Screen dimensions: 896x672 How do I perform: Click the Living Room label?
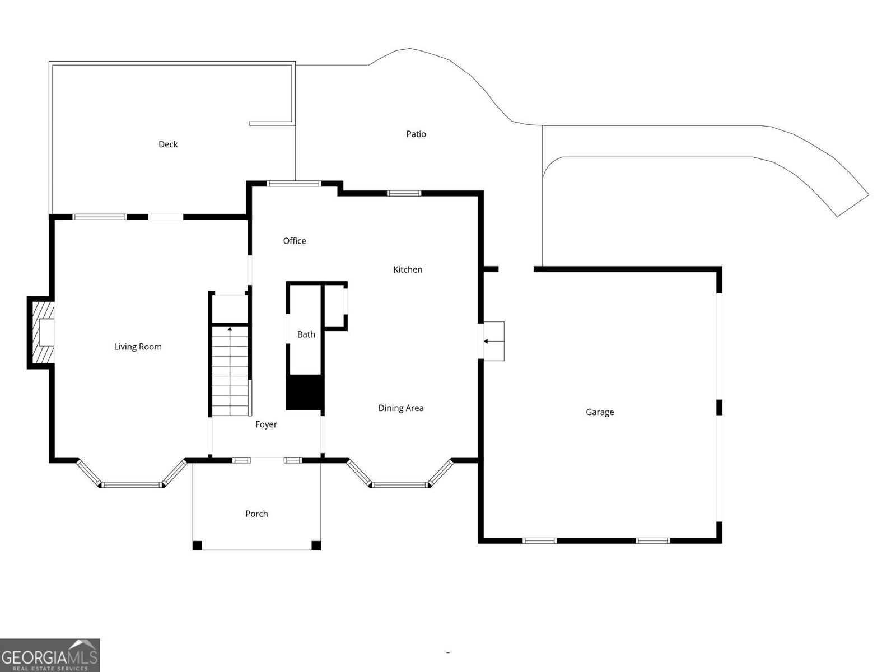pos(138,347)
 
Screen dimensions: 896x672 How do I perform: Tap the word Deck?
pos(168,144)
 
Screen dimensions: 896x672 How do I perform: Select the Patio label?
pos(416,134)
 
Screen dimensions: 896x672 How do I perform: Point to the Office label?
pos(295,241)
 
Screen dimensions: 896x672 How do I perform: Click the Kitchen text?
pos(407,269)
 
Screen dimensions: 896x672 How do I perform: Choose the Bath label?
pos(306,334)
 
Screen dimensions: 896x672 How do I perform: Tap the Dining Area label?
pos(401,408)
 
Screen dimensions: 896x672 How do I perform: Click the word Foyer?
pos(266,424)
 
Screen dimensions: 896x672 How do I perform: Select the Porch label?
pos(256,514)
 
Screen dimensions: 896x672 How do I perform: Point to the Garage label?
pos(600,412)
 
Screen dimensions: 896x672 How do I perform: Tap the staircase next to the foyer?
pos(230,371)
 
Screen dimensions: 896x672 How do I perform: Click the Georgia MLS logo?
pos(50,655)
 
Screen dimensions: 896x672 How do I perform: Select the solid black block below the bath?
pos(305,392)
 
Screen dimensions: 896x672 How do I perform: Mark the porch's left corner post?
pos(197,545)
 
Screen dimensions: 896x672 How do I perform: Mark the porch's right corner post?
pos(316,545)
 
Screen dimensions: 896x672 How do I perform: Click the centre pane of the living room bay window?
pos(132,485)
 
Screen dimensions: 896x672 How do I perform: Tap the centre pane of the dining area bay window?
pos(400,485)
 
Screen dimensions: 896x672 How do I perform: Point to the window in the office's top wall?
pos(294,184)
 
